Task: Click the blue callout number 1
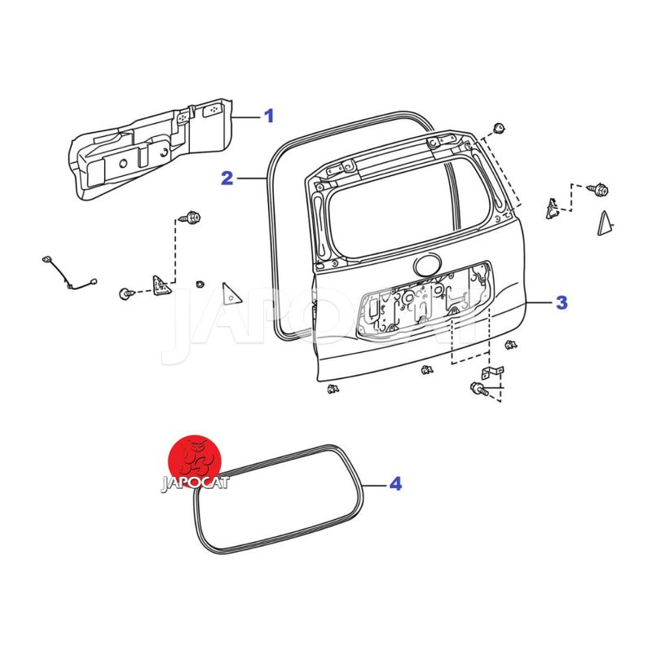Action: pyautogui.click(x=270, y=116)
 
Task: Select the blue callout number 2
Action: pyautogui.click(x=227, y=178)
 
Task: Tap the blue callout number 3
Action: pyautogui.click(x=562, y=302)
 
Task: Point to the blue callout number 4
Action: pyautogui.click(x=395, y=484)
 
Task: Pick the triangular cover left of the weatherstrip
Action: pyautogui.click(x=231, y=294)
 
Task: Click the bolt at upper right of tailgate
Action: pyautogui.click(x=598, y=190)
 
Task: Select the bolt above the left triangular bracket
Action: pyautogui.click(x=190, y=217)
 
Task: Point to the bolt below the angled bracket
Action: pyautogui.click(x=479, y=389)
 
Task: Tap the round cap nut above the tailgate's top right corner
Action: pyautogui.click(x=499, y=128)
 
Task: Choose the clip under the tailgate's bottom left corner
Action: pyautogui.click(x=333, y=389)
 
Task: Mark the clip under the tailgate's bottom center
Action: pyautogui.click(x=427, y=369)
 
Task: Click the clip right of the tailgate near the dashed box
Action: pyautogui.click(x=511, y=345)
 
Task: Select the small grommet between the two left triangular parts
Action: pyautogui.click(x=200, y=284)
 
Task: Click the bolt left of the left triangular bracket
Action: pyautogui.click(x=126, y=293)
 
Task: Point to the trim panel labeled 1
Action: pyautogui.click(x=150, y=150)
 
